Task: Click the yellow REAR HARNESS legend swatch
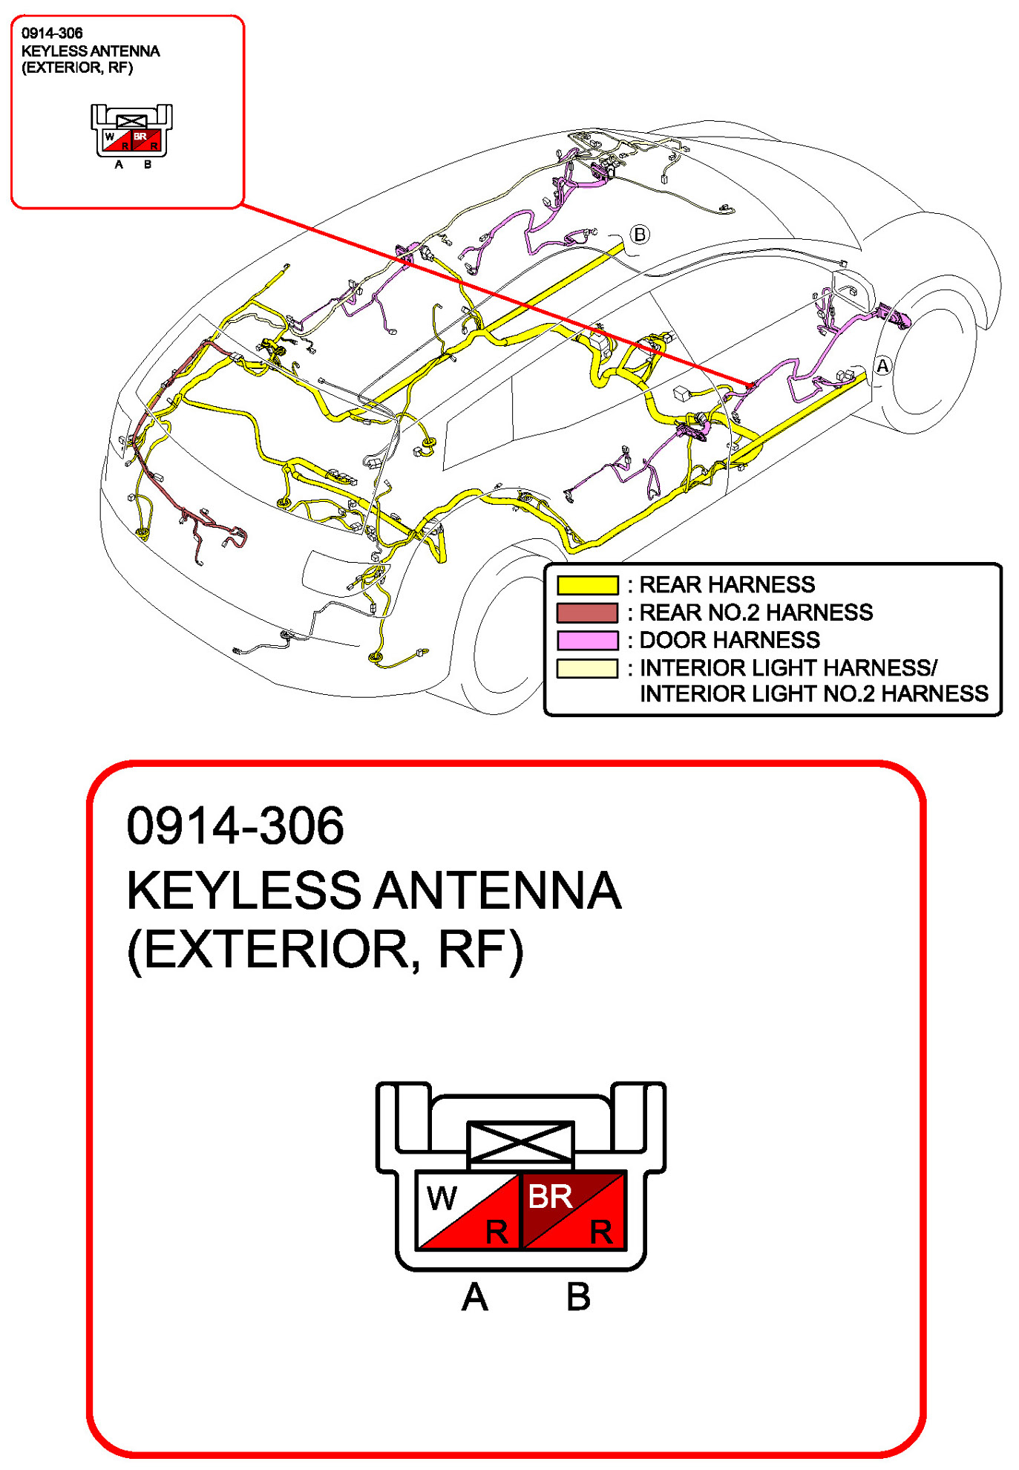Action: tap(587, 585)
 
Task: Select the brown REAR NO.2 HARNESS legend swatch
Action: tap(587, 612)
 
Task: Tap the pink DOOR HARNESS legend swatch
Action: tap(587, 640)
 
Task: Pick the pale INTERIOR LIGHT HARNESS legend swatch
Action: tap(587, 668)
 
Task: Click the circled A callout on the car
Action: tap(882, 366)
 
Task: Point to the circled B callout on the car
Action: tap(639, 235)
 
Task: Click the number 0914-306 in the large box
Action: tap(235, 826)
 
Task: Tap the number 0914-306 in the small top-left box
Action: tap(52, 33)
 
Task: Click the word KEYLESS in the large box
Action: tap(243, 890)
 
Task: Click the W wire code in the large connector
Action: tap(442, 1198)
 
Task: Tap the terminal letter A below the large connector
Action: tap(475, 1297)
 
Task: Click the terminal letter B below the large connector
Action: tap(578, 1297)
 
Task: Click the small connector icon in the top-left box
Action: tap(131, 131)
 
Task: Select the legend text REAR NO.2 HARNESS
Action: tap(756, 612)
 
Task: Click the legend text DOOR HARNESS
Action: tap(730, 640)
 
